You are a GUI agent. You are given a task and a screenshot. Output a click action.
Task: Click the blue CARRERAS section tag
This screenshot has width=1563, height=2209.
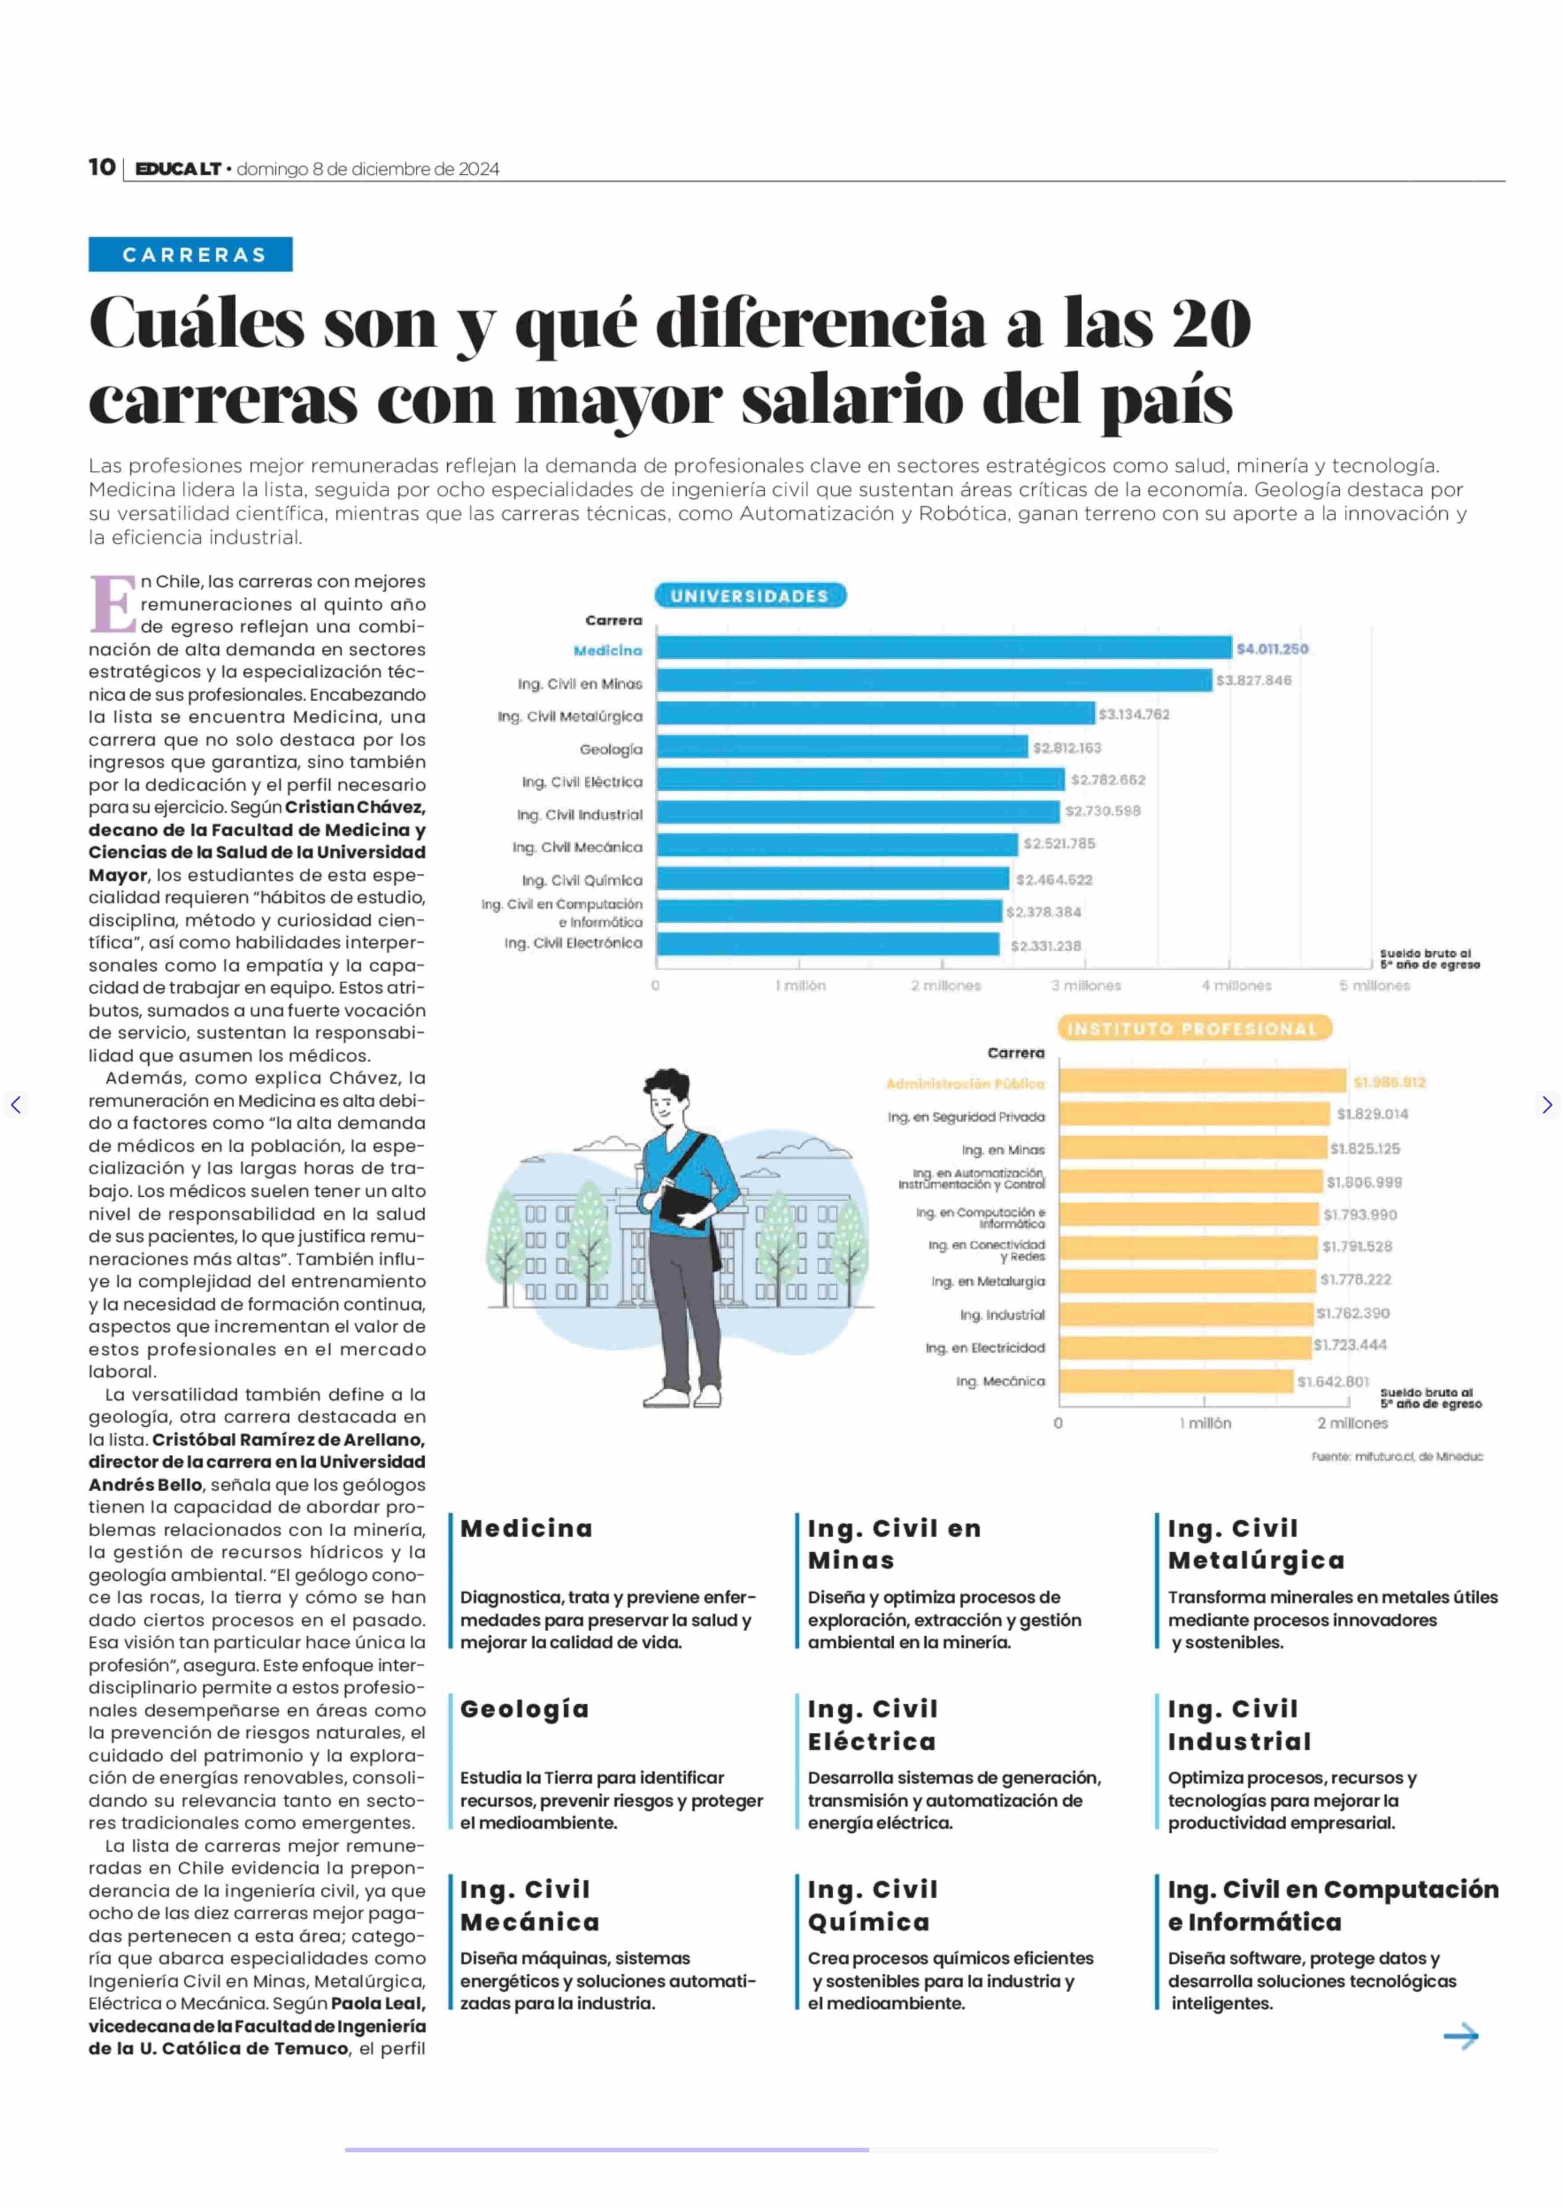(x=191, y=254)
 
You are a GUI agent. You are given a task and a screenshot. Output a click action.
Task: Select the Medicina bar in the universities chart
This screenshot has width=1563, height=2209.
(x=944, y=648)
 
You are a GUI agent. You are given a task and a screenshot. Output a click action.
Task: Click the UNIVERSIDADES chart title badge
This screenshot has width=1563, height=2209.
(x=750, y=596)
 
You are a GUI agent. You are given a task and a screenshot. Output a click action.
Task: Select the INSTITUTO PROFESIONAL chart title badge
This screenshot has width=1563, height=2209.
(x=1194, y=1028)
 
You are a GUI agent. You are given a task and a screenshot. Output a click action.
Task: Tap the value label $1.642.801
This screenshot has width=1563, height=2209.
(x=1333, y=1381)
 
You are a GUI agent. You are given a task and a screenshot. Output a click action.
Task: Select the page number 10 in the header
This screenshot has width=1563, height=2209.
(x=102, y=168)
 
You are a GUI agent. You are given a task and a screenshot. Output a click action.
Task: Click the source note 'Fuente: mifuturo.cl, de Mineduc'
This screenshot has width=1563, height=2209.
(x=1396, y=1456)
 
